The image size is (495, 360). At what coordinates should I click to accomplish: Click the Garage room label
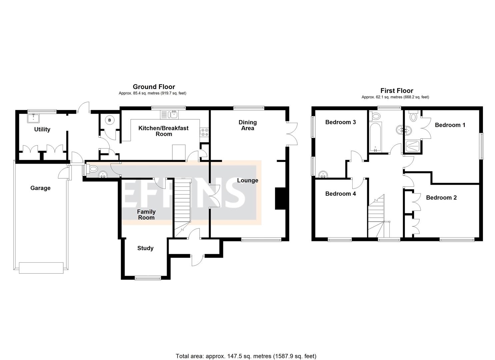(40, 188)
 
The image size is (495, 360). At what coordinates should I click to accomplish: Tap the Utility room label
(42, 129)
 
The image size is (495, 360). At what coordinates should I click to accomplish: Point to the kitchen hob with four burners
(204, 132)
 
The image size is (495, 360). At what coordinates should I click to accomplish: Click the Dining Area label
(247, 125)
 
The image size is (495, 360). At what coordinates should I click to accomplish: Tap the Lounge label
(247, 180)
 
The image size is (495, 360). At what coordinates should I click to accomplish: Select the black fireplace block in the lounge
(279, 199)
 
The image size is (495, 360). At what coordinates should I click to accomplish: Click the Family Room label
(146, 214)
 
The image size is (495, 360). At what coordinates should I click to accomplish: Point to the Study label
(145, 248)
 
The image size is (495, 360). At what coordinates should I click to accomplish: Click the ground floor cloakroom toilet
(92, 168)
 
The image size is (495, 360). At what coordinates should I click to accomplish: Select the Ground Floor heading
(154, 87)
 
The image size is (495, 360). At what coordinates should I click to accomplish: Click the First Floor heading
(397, 91)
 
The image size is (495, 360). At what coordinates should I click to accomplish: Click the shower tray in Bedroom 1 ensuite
(413, 146)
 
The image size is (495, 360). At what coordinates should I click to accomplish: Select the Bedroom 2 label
(441, 198)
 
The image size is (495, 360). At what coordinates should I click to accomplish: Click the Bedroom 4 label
(340, 194)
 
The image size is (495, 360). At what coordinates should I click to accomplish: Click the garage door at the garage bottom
(41, 268)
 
